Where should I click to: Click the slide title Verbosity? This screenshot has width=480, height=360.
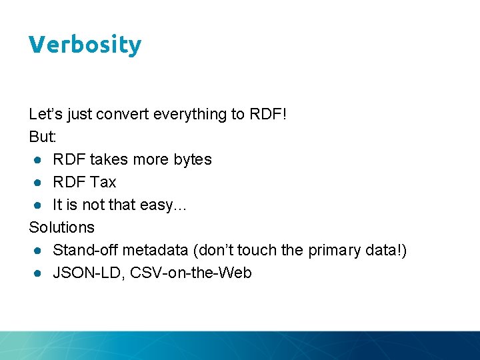85,45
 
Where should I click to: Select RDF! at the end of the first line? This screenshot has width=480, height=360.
268,115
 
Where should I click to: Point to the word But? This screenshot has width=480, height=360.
42,137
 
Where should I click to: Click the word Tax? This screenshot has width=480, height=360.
103,182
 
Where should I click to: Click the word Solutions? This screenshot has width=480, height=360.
61,227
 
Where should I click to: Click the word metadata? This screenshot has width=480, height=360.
147,250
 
